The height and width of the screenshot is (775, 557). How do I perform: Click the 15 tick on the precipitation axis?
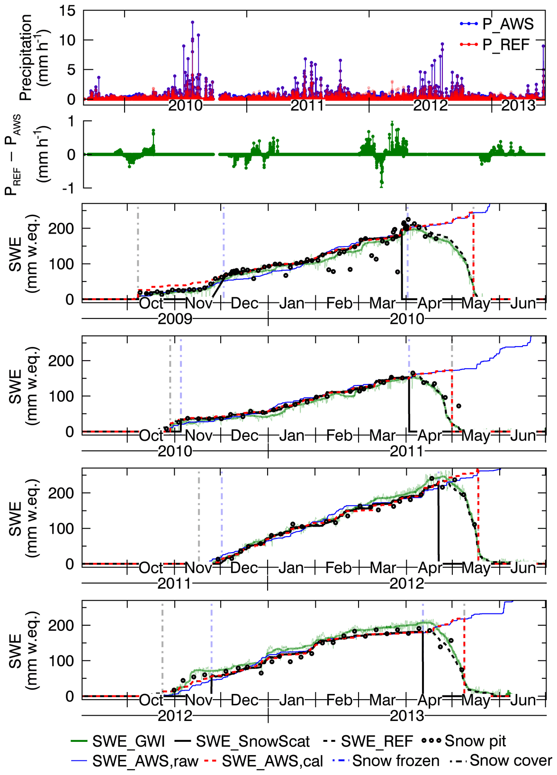click(68, 11)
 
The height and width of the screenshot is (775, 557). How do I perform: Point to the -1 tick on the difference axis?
click(69, 188)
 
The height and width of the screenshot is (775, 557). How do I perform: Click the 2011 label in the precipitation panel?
click(307, 105)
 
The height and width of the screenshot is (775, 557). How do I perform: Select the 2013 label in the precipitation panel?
click(518, 105)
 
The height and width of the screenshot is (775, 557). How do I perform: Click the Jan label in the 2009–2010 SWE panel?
click(291, 303)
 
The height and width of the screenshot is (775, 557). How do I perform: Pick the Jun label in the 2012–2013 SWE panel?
click(523, 700)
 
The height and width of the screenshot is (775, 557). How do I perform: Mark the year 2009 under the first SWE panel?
click(175, 319)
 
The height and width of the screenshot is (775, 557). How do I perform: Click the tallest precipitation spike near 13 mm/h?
click(192, 22)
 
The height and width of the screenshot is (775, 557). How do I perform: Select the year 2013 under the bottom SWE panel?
click(407, 716)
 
